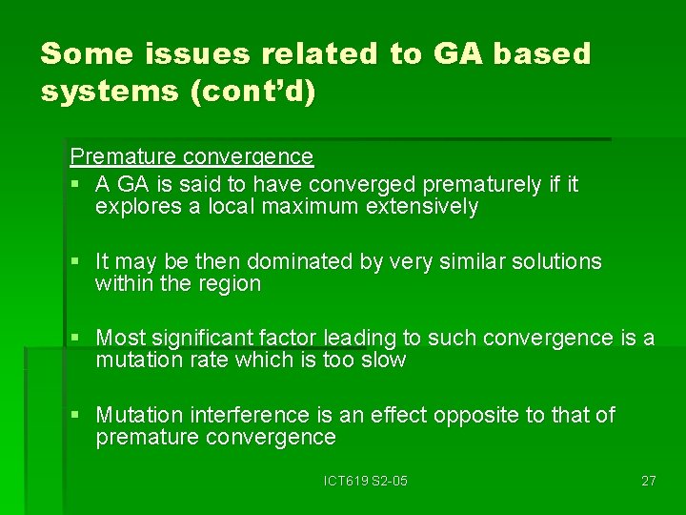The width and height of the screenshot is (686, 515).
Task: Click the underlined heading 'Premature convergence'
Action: (x=192, y=156)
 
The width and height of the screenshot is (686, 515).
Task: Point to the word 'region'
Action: (x=230, y=284)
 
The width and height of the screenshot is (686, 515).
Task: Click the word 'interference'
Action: (x=250, y=415)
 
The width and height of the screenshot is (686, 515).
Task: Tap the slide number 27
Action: (x=648, y=481)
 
